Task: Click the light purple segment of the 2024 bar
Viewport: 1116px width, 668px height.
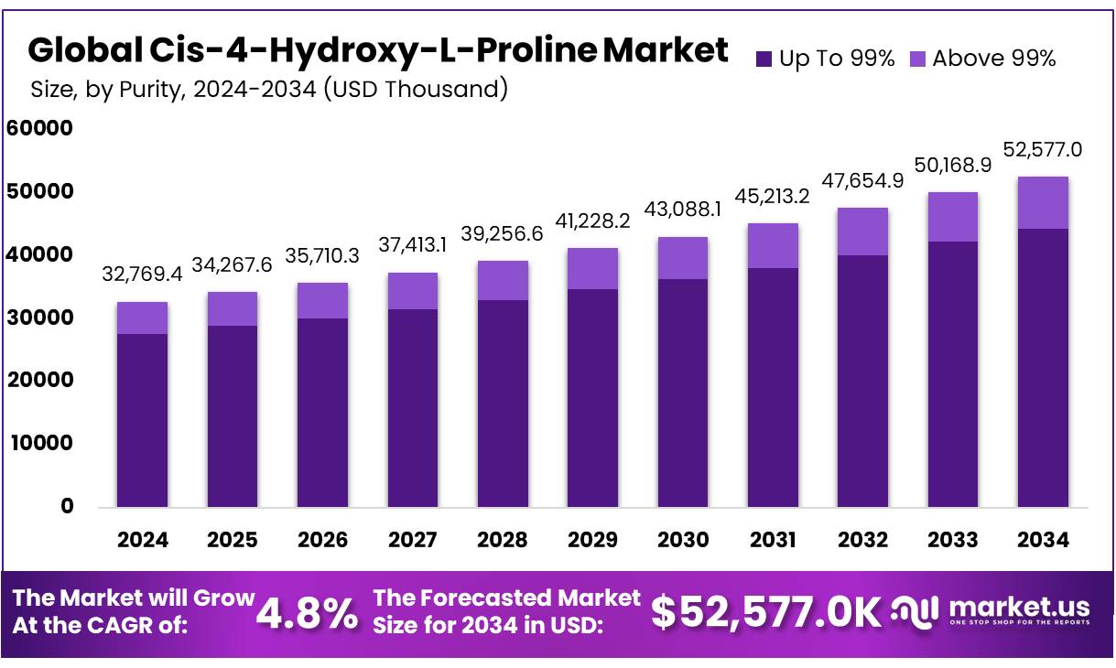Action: (x=142, y=318)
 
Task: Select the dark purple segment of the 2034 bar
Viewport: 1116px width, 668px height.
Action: (x=1043, y=366)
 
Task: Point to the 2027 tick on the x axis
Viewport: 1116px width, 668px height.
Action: (x=412, y=540)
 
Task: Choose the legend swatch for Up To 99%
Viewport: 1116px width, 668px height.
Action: (x=764, y=59)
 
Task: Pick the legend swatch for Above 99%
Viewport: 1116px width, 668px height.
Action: (x=918, y=59)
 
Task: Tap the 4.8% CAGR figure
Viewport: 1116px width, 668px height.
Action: (x=308, y=613)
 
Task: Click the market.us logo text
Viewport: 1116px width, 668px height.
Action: (x=1019, y=607)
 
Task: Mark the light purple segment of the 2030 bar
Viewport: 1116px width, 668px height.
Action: (x=682, y=258)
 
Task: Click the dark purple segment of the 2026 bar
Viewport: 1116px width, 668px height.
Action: (x=322, y=412)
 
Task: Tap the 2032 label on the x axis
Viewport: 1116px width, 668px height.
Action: (x=862, y=540)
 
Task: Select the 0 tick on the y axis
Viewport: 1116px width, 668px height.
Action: (x=67, y=506)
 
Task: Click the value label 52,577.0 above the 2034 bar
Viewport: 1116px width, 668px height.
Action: (x=1043, y=149)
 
